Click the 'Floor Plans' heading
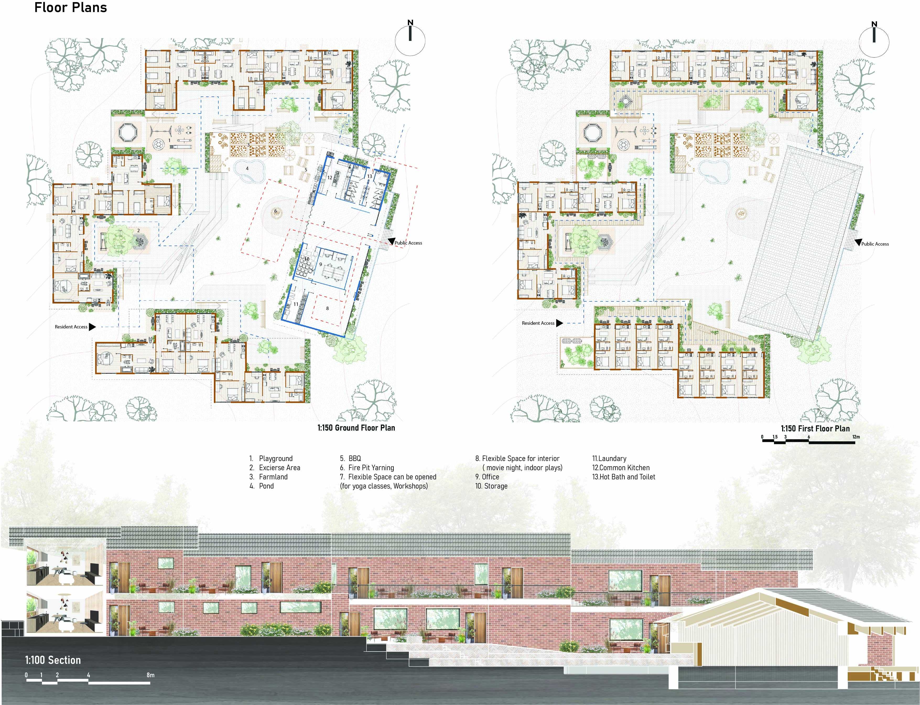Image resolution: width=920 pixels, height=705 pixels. [x=71, y=8]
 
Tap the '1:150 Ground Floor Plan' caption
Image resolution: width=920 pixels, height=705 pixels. [x=356, y=428]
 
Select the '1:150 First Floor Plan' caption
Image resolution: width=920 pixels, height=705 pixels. [x=815, y=429]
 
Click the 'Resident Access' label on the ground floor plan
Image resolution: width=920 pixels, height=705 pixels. [x=71, y=327]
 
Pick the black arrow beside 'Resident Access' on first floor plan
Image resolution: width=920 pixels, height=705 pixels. [x=559, y=323]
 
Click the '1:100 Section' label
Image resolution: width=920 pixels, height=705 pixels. [x=53, y=660]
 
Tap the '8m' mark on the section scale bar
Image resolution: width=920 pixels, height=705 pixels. [x=150, y=675]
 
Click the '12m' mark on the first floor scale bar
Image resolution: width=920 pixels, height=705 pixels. [x=856, y=437]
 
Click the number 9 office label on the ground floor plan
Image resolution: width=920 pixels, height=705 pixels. [x=320, y=264]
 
